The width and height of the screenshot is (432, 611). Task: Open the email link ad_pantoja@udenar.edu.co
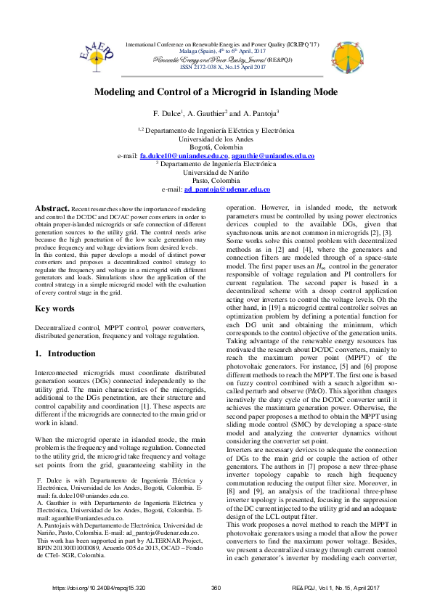(x=227, y=189)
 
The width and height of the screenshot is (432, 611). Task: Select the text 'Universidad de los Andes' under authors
(x=216, y=139)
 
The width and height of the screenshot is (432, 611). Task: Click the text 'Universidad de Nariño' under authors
(x=216, y=173)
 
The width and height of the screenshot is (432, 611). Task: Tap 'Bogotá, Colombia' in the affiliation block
(x=216, y=147)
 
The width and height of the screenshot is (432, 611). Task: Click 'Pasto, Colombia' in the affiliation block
(x=216, y=181)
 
